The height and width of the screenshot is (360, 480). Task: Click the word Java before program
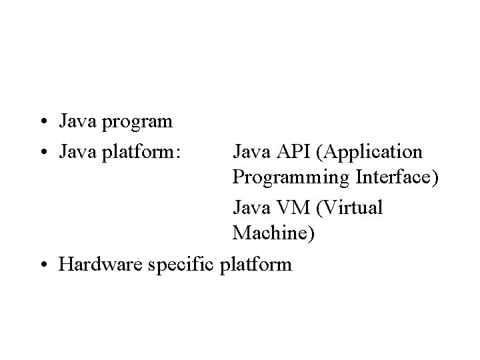point(76,122)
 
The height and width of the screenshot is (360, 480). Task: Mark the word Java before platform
point(76,151)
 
